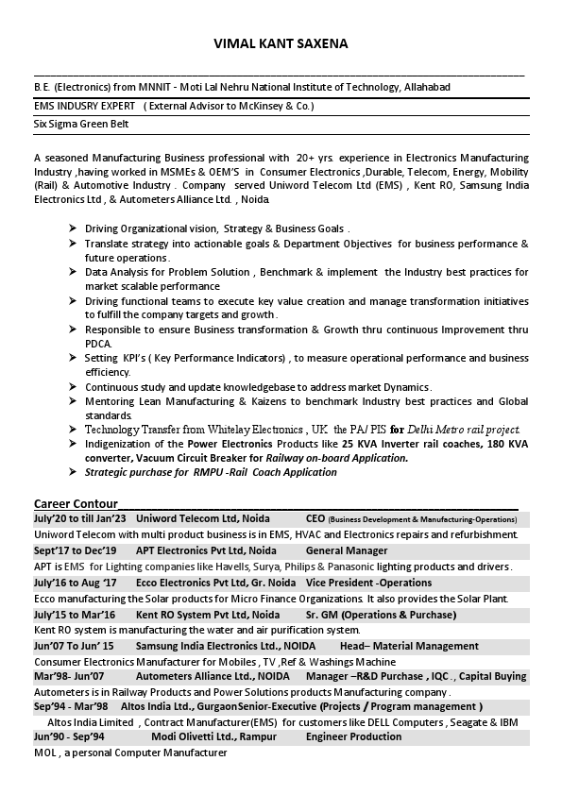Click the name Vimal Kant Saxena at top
point(281,43)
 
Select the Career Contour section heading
point(77,503)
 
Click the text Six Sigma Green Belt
point(81,124)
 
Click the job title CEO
point(315,519)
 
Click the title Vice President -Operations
point(355,583)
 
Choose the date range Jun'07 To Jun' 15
point(74,646)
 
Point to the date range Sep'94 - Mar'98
point(71,706)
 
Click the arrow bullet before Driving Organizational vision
point(74,228)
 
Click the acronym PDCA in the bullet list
point(98,344)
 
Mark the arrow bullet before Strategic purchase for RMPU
point(74,472)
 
